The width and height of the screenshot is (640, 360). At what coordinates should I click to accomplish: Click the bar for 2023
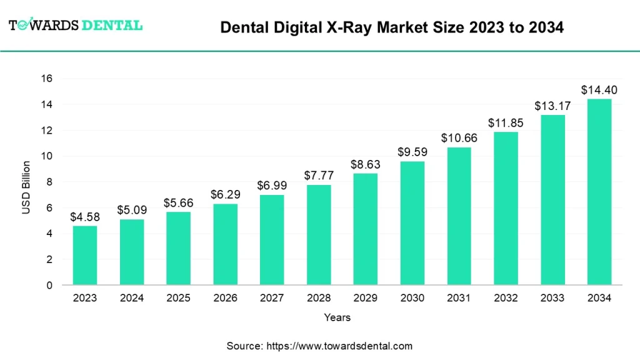coord(85,255)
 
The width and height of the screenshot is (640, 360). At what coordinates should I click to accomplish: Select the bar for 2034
coord(599,192)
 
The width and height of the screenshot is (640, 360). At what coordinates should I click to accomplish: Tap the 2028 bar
coord(319,235)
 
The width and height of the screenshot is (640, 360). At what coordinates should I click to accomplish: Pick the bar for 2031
coord(459,216)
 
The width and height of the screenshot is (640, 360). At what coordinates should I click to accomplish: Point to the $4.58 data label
coord(85,217)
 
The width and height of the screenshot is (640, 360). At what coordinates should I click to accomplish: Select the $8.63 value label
coord(365,164)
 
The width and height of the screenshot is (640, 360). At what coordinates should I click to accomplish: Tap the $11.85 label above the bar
coord(506,123)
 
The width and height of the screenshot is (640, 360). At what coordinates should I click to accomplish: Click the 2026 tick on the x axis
coord(225,298)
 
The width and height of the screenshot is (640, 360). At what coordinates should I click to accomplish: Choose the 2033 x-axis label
coord(552,298)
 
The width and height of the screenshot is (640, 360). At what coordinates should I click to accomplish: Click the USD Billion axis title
coord(26,187)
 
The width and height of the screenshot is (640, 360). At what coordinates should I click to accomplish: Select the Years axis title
coord(337,317)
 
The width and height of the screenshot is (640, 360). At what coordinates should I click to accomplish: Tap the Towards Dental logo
coord(75,25)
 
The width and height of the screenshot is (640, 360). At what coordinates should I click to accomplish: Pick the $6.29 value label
coord(225,195)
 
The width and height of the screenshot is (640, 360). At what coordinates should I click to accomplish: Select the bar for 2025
coord(178,248)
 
